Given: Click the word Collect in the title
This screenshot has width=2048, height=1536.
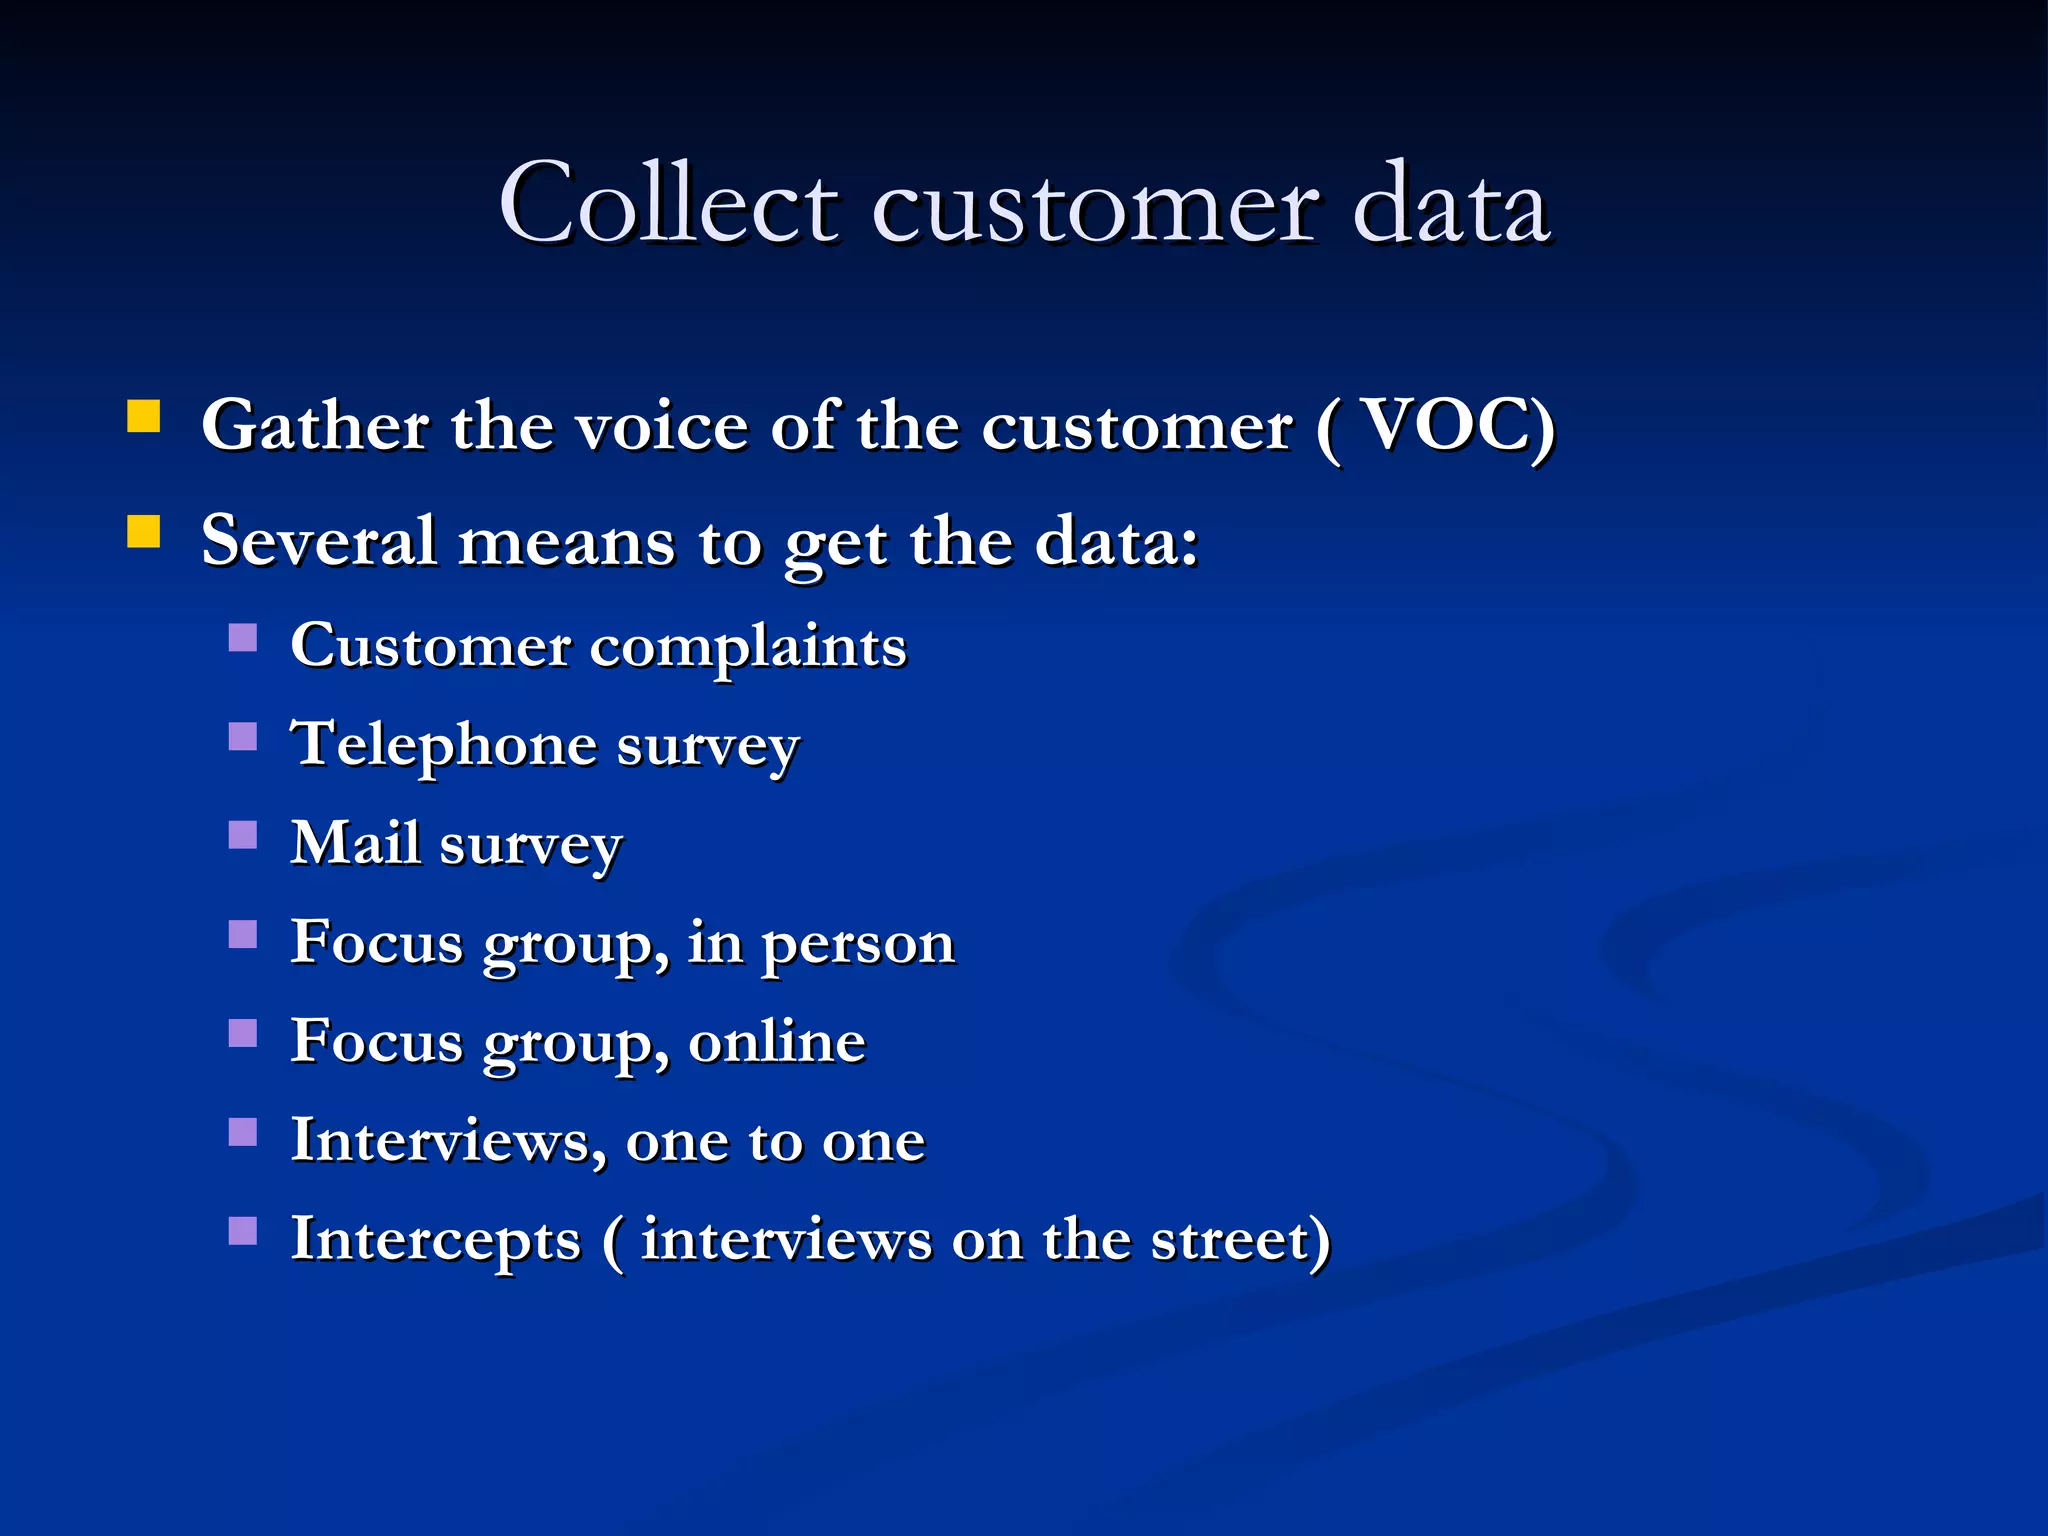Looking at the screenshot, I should coord(668,204).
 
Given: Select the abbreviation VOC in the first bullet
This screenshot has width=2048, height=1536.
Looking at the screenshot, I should coord(1444,426).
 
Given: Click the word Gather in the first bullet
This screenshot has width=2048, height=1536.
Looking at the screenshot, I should coord(316,426).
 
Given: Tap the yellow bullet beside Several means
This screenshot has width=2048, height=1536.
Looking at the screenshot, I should coord(144,532).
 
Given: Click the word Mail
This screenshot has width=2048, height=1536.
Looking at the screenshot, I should coord(355,843).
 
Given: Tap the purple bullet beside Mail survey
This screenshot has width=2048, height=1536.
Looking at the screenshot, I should coord(243,835).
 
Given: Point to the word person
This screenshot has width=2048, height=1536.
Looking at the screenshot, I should coord(858,943).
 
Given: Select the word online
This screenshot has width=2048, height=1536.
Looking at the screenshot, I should coord(777,1042).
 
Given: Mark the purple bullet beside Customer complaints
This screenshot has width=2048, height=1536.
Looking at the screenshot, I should coord(243,638).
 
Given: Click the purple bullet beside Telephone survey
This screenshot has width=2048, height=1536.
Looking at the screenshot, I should coord(243,737).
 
